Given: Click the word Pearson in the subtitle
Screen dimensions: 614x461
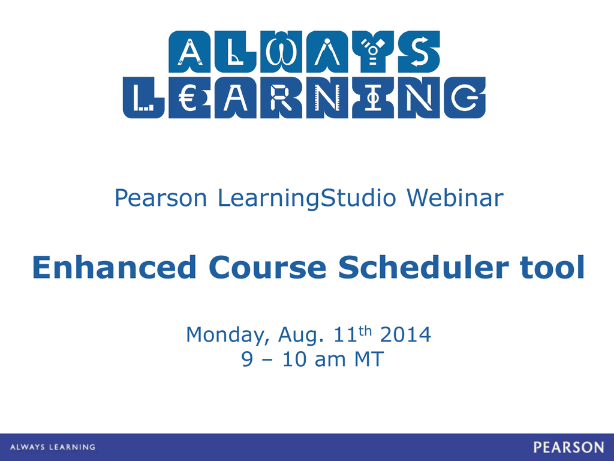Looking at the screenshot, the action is click(x=161, y=197).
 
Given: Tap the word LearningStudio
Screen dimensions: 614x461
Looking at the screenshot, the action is click(x=307, y=198).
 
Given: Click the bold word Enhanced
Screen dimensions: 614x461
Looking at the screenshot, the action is click(x=115, y=267).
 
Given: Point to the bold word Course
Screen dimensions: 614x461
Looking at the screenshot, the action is click(x=267, y=268).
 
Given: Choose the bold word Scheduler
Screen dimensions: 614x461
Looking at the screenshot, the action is click(x=423, y=267).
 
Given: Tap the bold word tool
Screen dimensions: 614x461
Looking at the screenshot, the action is click(x=552, y=267).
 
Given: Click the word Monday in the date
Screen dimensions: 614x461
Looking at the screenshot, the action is click(x=228, y=335).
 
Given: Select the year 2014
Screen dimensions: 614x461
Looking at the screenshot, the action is click(x=406, y=334).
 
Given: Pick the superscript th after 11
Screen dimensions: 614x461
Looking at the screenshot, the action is click(x=365, y=331).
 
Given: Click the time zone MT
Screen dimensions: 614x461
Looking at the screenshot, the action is click(x=369, y=359).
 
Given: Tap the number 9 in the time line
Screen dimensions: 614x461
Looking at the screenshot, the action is click(x=247, y=359).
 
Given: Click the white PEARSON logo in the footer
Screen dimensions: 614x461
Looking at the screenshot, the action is click(x=568, y=447).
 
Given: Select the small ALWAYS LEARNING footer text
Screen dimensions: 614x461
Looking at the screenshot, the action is click(x=53, y=447).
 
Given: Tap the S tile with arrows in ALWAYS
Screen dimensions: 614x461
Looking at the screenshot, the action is click(x=419, y=52).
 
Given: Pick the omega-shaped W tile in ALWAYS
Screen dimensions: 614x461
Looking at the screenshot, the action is click(x=281, y=52).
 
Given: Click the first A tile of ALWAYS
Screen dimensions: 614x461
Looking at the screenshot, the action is click(x=189, y=52).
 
